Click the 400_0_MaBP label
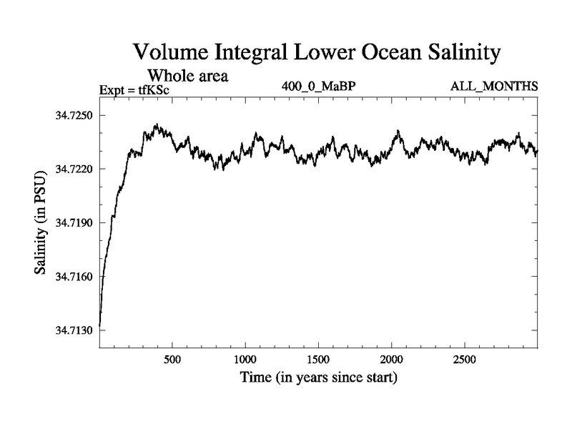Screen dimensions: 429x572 (x=318, y=87)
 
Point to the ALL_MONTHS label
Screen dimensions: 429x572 (x=493, y=87)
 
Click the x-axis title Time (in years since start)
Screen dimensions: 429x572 (x=318, y=377)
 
